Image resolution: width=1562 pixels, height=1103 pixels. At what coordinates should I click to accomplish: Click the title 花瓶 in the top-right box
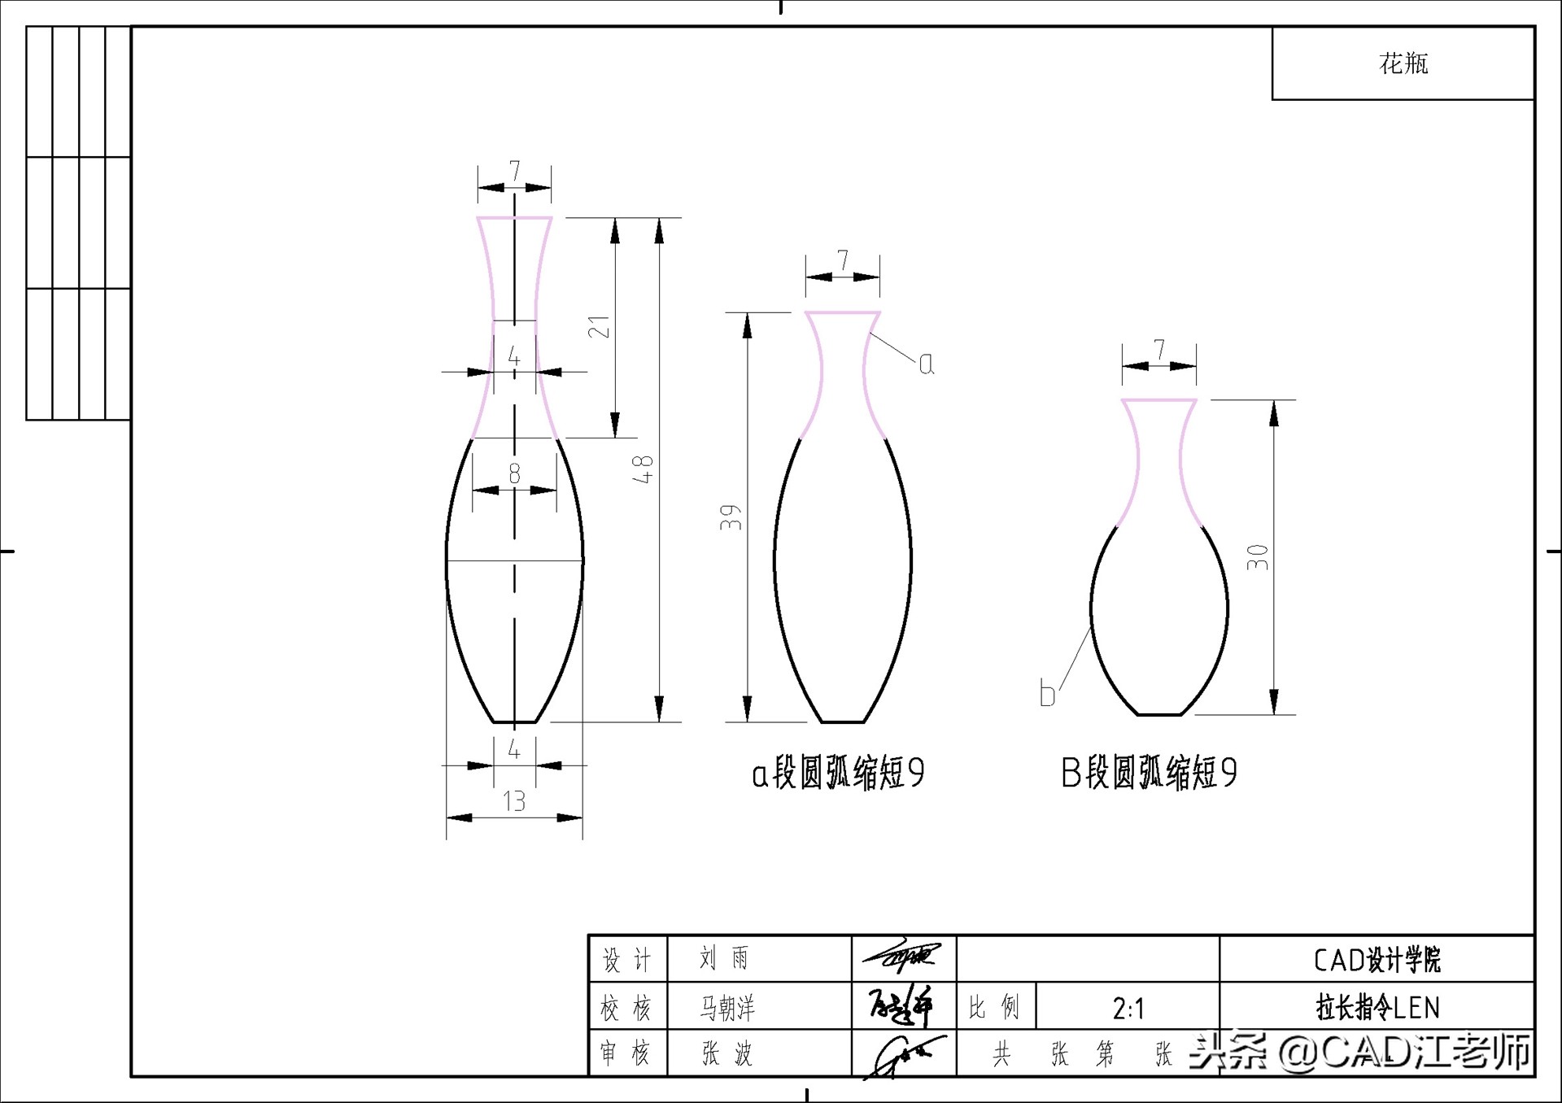[x=1403, y=63]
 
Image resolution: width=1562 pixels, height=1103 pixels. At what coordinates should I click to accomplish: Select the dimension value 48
[x=643, y=469]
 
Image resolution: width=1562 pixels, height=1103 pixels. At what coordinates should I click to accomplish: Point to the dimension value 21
[x=599, y=327]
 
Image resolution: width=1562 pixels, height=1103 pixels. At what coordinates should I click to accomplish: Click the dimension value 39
[x=731, y=517]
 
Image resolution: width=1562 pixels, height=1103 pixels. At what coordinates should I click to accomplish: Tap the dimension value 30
[x=1258, y=557]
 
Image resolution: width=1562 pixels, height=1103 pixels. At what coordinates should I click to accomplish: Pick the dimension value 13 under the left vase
[x=514, y=801]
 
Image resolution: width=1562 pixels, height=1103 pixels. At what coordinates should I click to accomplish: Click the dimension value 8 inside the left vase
[x=514, y=473]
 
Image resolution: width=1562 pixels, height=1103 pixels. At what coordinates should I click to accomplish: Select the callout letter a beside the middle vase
[x=926, y=364]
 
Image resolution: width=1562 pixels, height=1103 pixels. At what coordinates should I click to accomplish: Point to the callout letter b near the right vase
[x=1047, y=694]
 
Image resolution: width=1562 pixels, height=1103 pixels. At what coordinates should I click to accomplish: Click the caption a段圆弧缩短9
[x=838, y=773]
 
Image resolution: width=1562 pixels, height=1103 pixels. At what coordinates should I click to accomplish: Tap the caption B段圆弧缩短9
[x=1149, y=773]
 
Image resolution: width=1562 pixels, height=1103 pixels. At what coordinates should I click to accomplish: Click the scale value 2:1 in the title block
[x=1128, y=1009]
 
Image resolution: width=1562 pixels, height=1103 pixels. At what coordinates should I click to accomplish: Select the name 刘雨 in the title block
[x=724, y=958]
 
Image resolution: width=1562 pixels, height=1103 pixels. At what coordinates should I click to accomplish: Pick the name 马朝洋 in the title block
[x=727, y=1009]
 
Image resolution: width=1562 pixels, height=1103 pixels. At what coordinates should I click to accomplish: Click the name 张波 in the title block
[x=727, y=1054]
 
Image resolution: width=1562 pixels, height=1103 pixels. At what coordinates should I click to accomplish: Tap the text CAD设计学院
[x=1377, y=960]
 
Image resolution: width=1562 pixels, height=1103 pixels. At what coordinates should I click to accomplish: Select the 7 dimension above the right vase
[x=1159, y=350]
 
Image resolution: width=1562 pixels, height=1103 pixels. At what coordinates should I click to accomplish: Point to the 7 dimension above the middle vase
[x=843, y=260]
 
